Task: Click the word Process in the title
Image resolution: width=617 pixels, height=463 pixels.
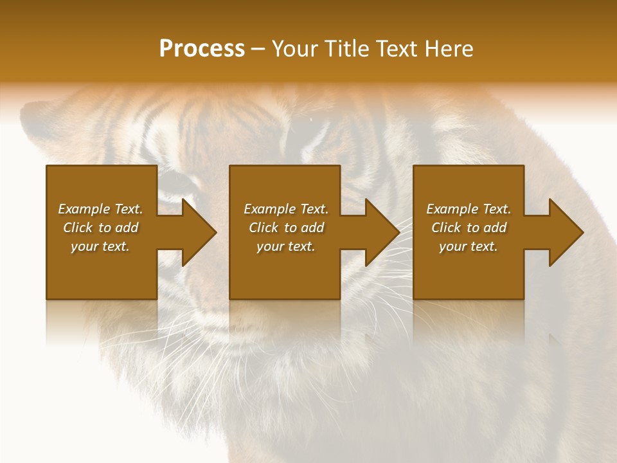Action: tap(202, 49)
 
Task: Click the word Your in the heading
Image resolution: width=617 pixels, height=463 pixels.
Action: tap(295, 49)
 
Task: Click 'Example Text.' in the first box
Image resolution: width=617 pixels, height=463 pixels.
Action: tap(101, 209)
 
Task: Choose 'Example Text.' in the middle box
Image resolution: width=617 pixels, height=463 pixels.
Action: tap(286, 209)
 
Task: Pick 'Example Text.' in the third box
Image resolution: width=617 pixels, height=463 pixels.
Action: tap(469, 209)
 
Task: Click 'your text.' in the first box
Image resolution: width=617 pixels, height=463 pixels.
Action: tap(100, 246)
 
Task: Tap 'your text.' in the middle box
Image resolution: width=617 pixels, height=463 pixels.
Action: tap(286, 246)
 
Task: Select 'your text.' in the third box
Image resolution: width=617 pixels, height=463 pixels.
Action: tap(469, 246)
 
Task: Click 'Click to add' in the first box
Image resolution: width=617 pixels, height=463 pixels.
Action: tap(101, 228)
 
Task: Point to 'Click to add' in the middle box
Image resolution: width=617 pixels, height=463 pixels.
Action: tap(286, 228)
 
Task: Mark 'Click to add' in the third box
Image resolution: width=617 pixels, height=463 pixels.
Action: tap(469, 228)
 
